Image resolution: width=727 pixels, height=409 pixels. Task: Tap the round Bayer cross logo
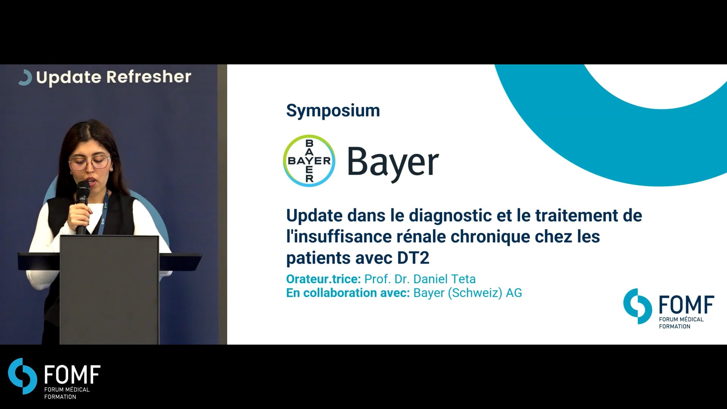coord(309,161)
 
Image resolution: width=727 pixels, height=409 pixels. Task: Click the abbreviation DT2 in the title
coord(413,258)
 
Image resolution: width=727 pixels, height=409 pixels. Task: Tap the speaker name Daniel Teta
coord(445,279)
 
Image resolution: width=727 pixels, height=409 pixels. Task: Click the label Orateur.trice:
coord(323,279)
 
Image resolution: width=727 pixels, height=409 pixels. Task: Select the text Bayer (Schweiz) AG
coord(468,293)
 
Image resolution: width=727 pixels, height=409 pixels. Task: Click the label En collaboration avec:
coord(348,293)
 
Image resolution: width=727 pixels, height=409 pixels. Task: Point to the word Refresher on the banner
coord(149,77)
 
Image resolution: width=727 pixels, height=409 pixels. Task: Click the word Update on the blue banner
coord(69,78)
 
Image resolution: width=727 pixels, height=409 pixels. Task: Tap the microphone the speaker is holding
coord(83,206)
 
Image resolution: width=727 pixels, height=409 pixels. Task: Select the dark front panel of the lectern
coord(109,290)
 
